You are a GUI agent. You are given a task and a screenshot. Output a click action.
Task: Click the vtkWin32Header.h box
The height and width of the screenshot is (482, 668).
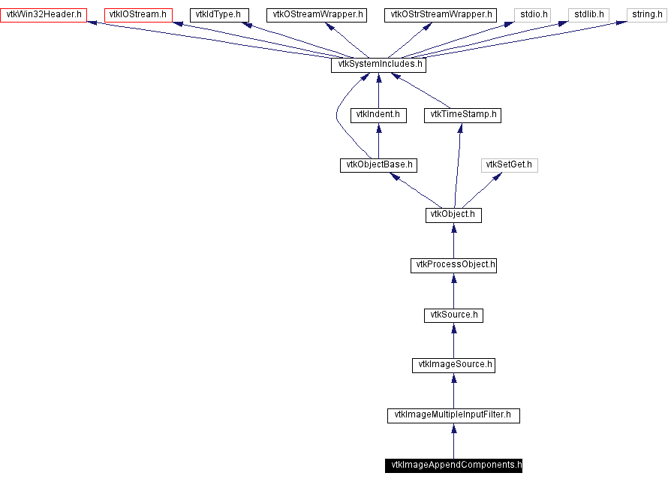[45, 14]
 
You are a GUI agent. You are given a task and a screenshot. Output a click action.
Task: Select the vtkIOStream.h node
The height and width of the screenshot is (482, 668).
[137, 14]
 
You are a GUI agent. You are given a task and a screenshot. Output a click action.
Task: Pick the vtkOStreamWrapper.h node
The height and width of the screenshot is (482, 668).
[316, 14]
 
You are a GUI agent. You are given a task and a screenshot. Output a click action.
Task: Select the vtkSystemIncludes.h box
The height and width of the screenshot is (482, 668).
[378, 65]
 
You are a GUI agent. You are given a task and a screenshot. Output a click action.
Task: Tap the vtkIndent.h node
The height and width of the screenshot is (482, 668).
[378, 115]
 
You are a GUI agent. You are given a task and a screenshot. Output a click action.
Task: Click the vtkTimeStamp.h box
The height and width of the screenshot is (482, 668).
[462, 115]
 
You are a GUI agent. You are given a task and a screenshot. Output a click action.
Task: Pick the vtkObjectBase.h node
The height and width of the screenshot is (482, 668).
[378, 165]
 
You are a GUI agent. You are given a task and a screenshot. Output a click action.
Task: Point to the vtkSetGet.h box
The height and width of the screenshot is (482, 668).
[510, 165]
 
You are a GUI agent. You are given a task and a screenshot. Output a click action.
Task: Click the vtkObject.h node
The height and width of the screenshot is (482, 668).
[453, 215]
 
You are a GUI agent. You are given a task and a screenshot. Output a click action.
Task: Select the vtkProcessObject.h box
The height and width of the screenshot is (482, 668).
[453, 265]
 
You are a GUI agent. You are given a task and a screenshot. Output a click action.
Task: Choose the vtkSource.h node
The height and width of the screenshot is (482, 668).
[453, 315]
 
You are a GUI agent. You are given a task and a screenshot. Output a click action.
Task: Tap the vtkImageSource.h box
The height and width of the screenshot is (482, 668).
[453, 365]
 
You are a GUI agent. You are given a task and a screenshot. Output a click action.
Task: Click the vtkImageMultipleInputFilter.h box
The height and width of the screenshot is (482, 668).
[453, 415]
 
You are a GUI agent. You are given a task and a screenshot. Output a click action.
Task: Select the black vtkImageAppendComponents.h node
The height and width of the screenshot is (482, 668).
[453, 465]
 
